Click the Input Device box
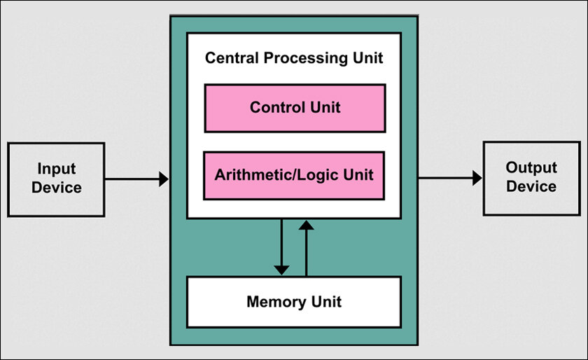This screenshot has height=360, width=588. click(x=56, y=179)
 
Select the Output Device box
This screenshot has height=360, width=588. click(x=532, y=179)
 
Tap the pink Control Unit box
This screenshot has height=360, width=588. click(x=295, y=108)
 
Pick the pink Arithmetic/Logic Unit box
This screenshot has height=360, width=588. click(x=294, y=175)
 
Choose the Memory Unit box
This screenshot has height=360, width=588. click(x=294, y=302)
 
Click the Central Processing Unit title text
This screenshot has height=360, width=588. click(x=294, y=58)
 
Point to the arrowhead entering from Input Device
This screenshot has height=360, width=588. click(x=164, y=179)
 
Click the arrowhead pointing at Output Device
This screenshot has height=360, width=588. click(x=477, y=178)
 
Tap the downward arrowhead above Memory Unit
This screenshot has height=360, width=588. click(x=281, y=270)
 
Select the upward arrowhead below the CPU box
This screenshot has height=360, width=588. click(x=307, y=225)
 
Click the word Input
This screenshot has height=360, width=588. click(x=57, y=169)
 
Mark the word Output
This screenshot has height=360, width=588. click(x=531, y=168)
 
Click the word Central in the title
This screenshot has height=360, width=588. click(x=232, y=58)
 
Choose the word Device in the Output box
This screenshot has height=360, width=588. click(x=531, y=186)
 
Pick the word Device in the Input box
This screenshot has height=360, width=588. click(x=57, y=188)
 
